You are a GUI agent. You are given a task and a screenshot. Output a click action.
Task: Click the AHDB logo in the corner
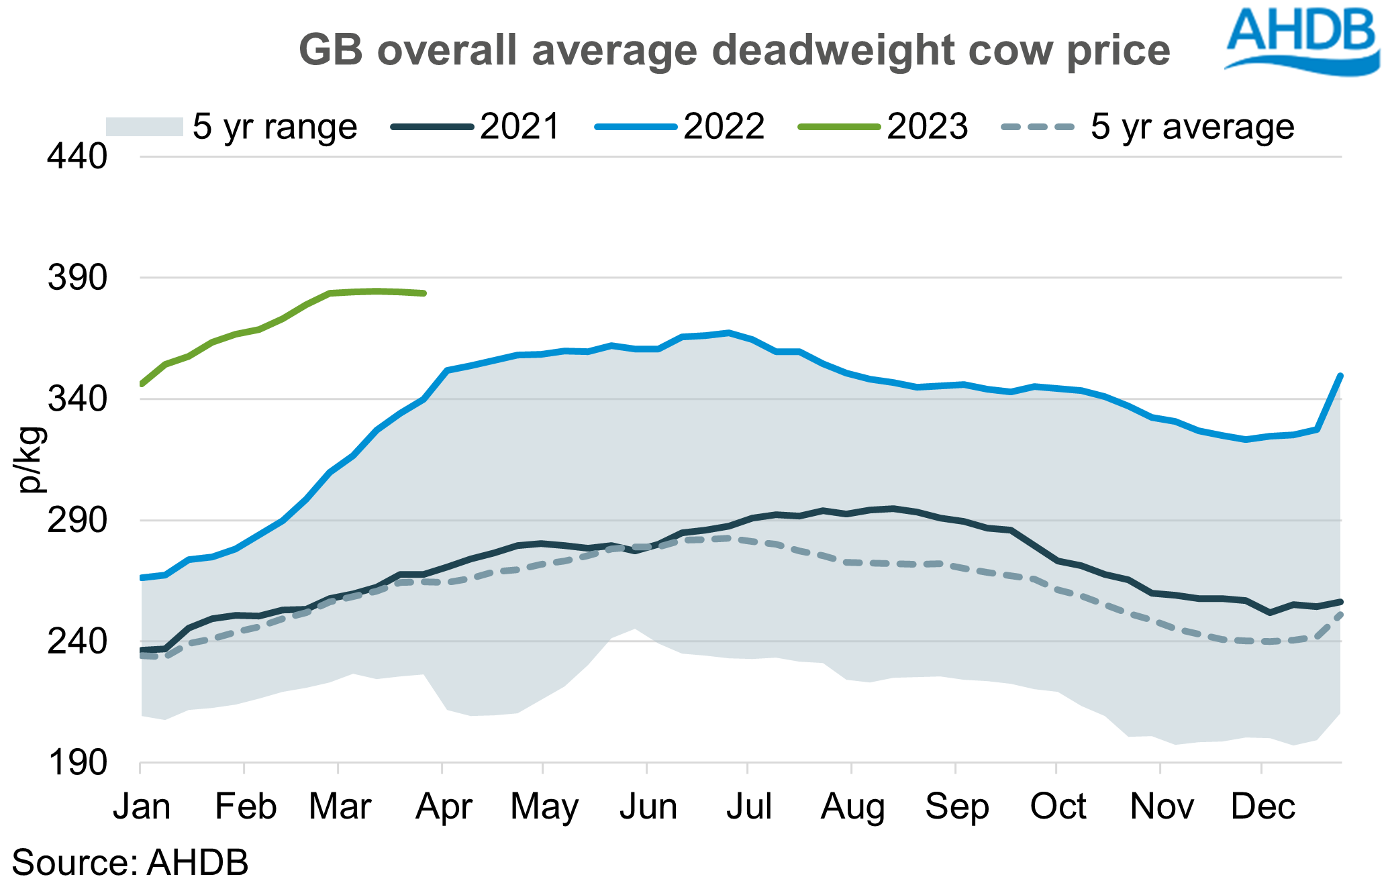(1302, 40)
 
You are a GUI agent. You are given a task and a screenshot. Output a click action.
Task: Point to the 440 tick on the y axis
(77, 157)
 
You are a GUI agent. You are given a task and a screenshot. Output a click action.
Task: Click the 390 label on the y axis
(77, 278)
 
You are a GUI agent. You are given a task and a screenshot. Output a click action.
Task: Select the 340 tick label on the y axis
(77, 399)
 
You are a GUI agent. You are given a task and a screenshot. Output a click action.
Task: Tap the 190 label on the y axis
(77, 763)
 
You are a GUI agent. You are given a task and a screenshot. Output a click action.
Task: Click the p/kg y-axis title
(31, 460)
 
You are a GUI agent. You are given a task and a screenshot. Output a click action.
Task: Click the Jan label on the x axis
(141, 806)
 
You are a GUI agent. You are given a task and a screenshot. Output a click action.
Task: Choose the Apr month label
(444, 806)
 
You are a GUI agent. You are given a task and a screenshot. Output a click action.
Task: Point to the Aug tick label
(852, 806)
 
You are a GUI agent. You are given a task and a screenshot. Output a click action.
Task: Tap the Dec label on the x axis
(1262, 806)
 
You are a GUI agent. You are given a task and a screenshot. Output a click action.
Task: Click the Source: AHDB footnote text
(130, 863)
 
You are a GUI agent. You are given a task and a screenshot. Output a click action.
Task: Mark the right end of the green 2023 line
(424, 293)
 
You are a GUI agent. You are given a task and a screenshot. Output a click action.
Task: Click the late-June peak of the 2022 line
(728, 332)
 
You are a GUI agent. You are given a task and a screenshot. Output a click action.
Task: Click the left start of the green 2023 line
(142, 384)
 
